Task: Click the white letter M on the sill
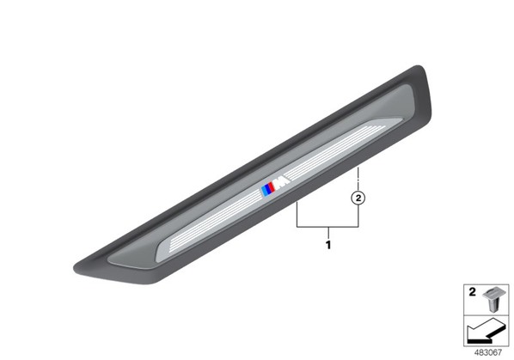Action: click(282, 184)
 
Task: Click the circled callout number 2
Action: click(358, 198)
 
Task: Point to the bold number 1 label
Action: click(328, 245)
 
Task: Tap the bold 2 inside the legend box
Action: click(472, 292)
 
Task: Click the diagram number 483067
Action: click(488, 352)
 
